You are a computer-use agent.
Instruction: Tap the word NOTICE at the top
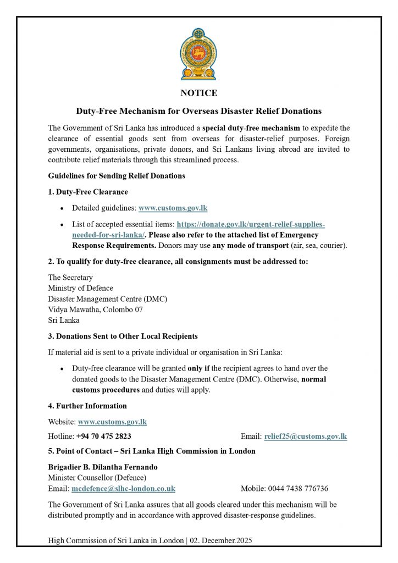coord(198,93)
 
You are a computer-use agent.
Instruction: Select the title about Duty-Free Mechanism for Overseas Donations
coord(198,111)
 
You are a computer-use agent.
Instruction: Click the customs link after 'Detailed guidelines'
coord(173,208)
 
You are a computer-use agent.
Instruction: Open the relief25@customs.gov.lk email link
coord(306,437)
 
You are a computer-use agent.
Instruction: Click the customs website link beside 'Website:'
coord(113,422)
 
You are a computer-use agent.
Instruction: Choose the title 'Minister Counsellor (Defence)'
coord(97,477)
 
